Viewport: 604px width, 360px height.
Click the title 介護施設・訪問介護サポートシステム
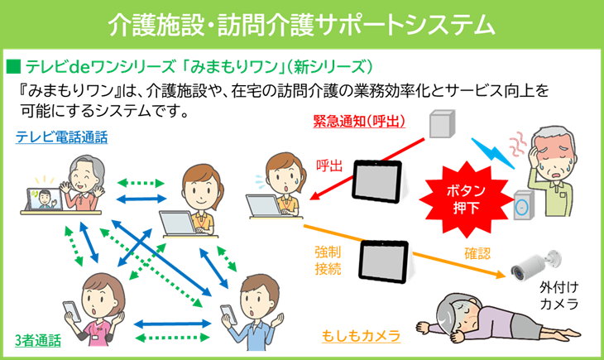[302, 24]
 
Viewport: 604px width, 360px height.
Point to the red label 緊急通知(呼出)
[359, 122]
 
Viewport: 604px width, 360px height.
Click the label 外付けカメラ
[558, 296]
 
